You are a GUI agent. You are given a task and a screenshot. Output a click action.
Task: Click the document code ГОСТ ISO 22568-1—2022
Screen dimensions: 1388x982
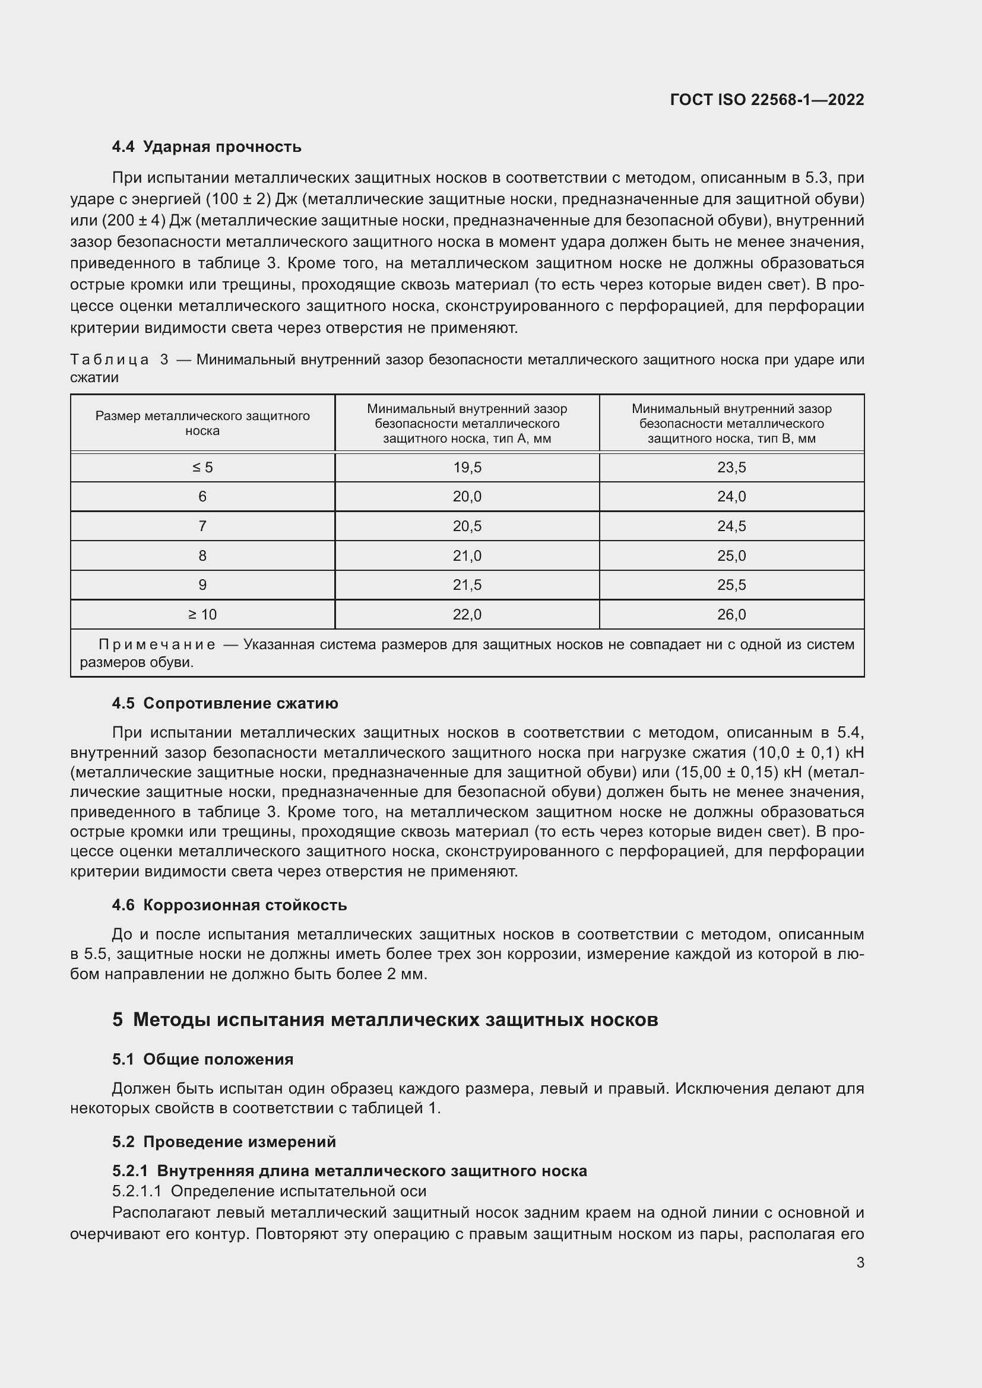(766, 100)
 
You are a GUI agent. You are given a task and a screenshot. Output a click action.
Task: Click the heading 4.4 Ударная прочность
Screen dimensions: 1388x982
(206, 147)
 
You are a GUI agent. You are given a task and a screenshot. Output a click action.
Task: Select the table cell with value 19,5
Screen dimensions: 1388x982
(467, 467)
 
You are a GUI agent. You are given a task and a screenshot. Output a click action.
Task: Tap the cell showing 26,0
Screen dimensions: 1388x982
(731, 615)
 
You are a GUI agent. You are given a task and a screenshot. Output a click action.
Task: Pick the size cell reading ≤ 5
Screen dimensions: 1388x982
(202, 467)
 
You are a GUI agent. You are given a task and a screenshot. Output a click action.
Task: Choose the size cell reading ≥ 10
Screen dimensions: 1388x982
(202, 615)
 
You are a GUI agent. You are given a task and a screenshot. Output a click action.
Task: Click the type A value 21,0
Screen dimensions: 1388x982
(467, 555)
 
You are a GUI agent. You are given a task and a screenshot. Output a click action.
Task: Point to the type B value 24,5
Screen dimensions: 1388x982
(731, 526)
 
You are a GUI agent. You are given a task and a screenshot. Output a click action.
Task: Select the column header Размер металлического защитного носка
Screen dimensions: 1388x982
(202, 423)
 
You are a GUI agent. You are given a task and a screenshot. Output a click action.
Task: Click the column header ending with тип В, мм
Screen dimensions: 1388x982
(731, 423)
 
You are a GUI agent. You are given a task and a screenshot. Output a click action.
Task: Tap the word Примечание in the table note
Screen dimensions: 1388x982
(157, 644)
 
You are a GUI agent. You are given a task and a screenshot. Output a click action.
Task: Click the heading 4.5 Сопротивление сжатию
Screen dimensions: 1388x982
(225, 703)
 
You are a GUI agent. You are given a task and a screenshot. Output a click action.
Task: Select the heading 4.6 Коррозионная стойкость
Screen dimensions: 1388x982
(229, 905)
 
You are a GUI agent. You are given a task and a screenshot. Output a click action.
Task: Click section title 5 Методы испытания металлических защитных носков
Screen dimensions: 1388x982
(385, 1020)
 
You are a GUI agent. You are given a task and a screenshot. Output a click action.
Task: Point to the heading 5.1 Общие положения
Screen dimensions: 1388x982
(202, 1059)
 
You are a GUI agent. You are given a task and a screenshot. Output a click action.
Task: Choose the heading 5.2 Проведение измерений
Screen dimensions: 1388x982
(224, 1141)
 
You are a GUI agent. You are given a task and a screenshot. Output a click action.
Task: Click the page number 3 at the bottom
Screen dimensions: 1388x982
(860, 1262)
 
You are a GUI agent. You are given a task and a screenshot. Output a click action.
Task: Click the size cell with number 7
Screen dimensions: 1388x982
(202, 526)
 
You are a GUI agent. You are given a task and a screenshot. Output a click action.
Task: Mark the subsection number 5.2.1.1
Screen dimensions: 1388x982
(137, 1191)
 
